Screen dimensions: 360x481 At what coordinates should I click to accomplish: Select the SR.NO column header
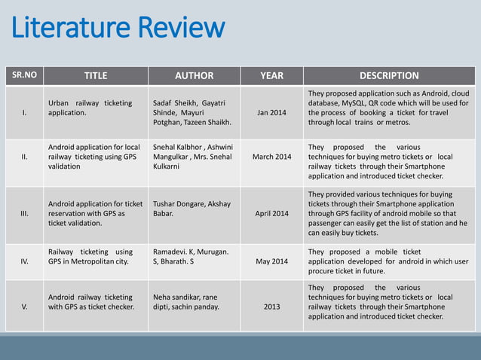tap(24, 75)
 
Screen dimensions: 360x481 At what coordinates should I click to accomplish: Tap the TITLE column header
tap(95, 75)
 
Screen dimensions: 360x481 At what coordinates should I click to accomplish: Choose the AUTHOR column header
tap(194, 75)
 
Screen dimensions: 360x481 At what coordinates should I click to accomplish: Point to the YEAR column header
tap(271, 75)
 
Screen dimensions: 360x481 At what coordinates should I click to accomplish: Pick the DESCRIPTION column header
tap(389, 75)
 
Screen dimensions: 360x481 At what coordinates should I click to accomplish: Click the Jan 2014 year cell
tap(271, 113)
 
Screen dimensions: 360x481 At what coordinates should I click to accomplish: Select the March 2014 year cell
tap(271, 157)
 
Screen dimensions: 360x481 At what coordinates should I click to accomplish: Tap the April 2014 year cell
tap(271, 214)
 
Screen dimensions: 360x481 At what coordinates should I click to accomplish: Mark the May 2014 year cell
tap(271, 261)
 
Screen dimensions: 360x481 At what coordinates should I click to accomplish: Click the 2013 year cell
tap(271, 307)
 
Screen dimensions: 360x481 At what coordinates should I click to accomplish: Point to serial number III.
tap(24, 214)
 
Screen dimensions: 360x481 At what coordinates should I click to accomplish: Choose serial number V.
tap(24, 307)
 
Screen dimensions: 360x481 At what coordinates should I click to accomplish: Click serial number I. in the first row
tap(24, 113)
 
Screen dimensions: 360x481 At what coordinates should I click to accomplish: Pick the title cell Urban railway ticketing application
tap(90, 108)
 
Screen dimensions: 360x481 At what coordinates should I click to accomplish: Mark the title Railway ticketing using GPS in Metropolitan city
tap(90, 257)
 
